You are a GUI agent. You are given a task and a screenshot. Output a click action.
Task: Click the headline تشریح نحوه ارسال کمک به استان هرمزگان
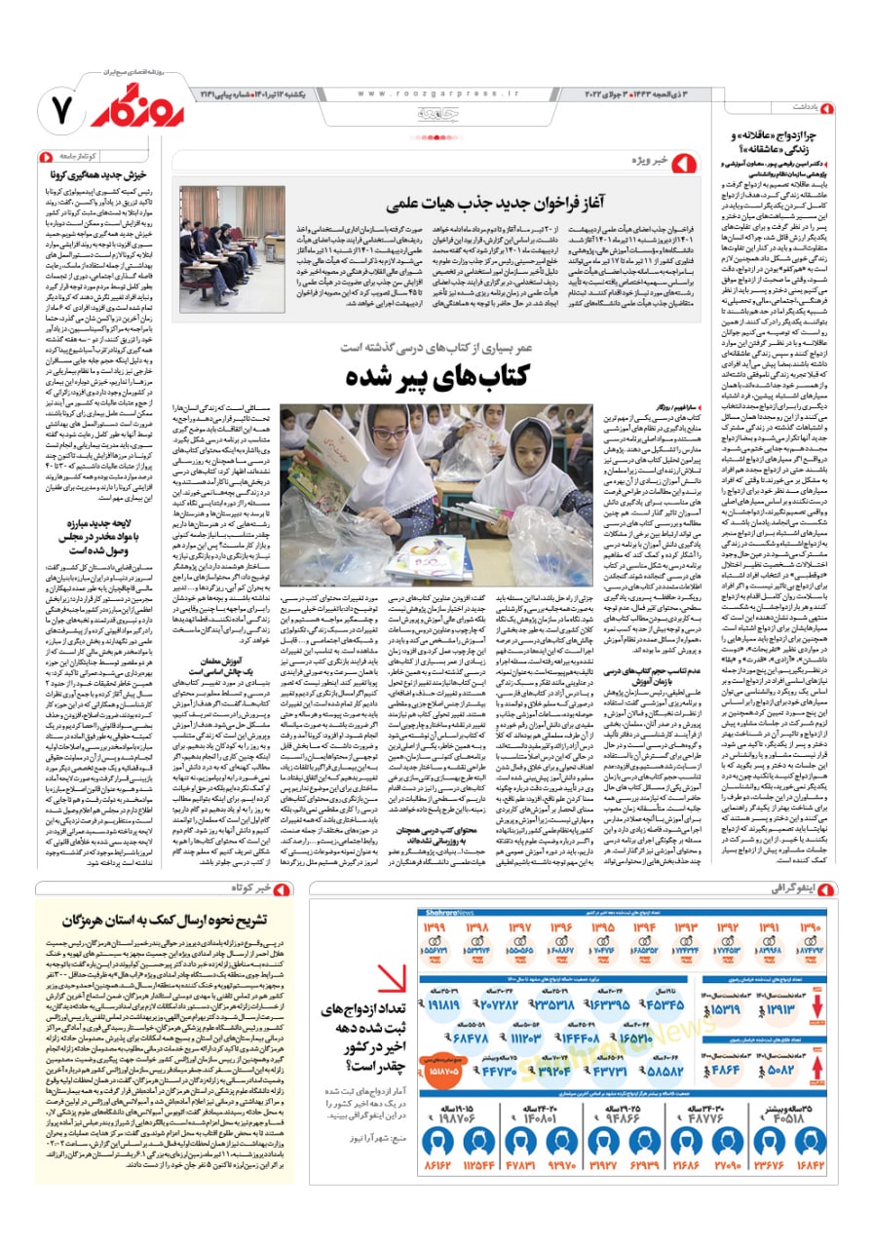click(x=169, y=920)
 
